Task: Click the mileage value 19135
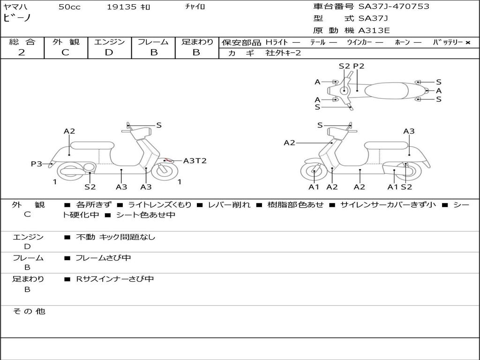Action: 121,7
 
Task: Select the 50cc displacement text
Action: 69,7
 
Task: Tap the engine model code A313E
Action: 374,31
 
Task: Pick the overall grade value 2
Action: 22,52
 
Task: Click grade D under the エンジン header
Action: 109,52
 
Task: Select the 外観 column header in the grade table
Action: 66,42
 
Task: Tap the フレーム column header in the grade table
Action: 153,42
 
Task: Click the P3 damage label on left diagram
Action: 37,164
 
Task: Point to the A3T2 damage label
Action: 195,161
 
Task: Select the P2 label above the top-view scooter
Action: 359,66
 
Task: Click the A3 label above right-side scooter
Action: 409,131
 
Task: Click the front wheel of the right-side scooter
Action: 313,172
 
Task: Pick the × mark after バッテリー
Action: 467,42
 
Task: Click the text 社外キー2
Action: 283,53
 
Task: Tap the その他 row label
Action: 29,311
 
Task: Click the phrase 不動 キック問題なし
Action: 115,237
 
